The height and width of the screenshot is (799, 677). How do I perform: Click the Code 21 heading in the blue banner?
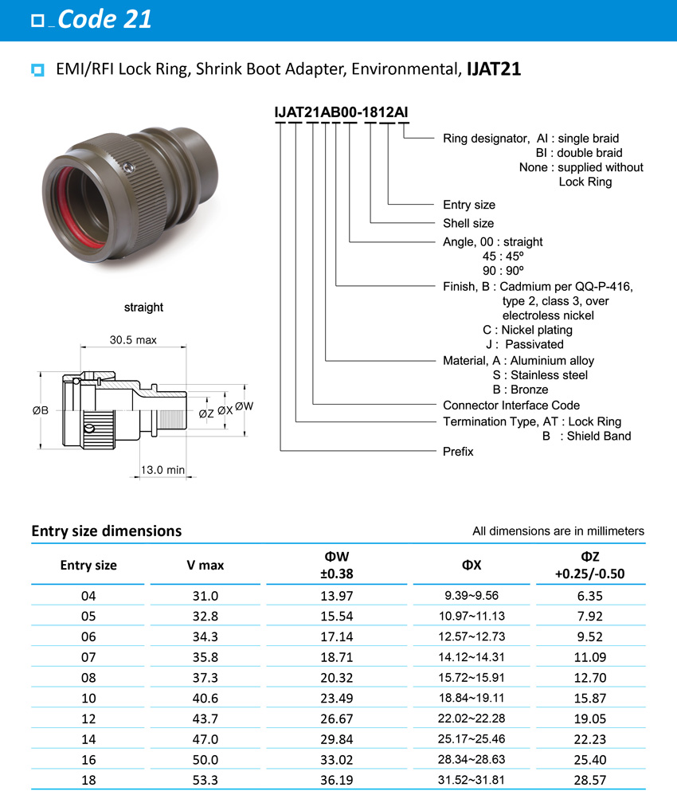pyautogui.click(x=104, y=19)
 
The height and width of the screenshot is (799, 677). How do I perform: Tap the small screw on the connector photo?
pyautogui.click(x=128, y=166)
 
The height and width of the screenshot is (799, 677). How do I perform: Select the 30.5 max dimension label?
pyautogui.click(x=133, y=340)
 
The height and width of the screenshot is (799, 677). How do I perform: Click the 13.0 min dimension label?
pyautogui.click(x=162, y=470)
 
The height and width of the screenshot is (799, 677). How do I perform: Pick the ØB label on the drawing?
pyautogui.click(x=41, y=410)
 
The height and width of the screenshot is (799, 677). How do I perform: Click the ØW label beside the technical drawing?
pyautogui.click(x=244, y=405)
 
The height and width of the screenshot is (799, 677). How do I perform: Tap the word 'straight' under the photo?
pyautogui.click(x=143, y=307)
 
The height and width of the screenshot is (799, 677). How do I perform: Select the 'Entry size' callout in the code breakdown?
pyautogui.click(x=469, y=205)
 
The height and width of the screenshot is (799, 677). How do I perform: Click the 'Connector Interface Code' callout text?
pyautogui.click(x=511, y=405)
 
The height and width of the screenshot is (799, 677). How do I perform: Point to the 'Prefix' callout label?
pyautogui.click(x=458, y=451)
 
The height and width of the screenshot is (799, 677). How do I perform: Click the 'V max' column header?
pyautogui.click(x=205, y=565)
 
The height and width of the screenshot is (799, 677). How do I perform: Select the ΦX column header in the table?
pyautogui.click(x=471, y=565)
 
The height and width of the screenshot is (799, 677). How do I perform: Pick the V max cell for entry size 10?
pyautogui.click(x=205, y=697)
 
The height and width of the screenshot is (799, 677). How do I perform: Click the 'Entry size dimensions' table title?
pyautogui.click(x=106, y=531)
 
